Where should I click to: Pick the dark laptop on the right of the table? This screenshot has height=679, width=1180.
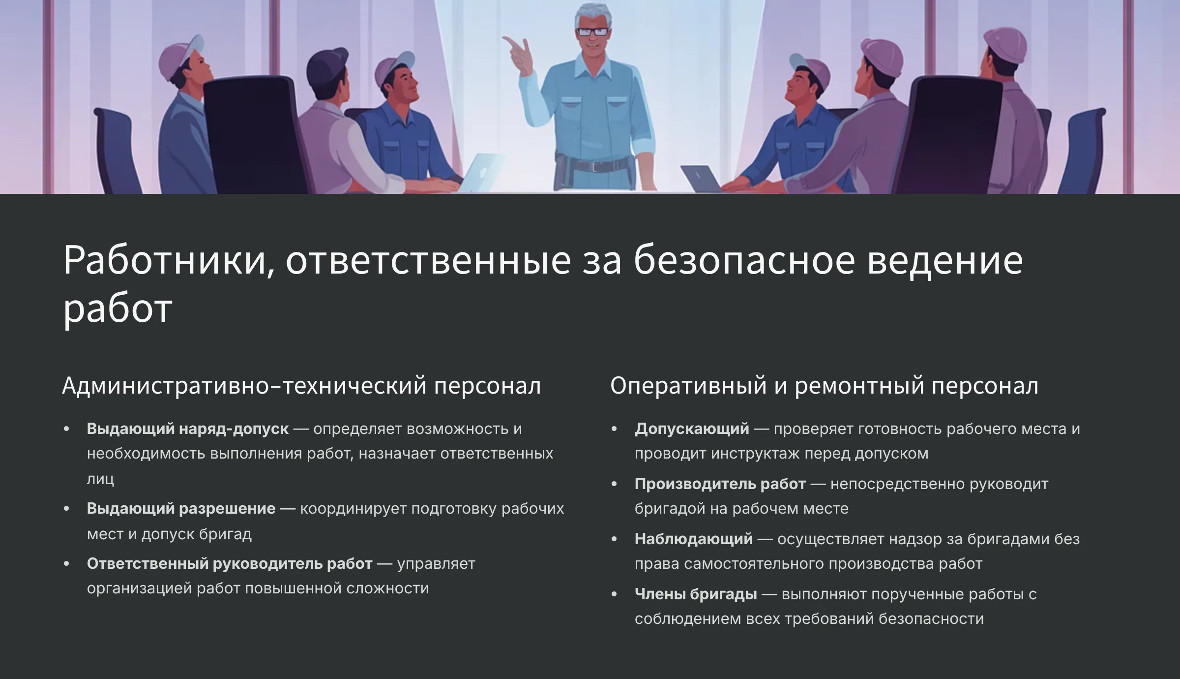tap(701, 179)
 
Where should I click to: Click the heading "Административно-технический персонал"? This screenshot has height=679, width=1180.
tap(301, 386)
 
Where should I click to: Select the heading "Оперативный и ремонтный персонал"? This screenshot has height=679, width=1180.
tap(825, 386)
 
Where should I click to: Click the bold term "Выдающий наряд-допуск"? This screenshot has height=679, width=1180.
tap(188, 429)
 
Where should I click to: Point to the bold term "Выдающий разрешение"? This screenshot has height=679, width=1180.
tap(181, 509)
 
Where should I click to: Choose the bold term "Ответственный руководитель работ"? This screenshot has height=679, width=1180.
tap(230, 564)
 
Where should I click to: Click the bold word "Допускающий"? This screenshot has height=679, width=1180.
tap(692, 429)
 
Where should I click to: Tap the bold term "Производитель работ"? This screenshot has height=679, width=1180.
tap(720, 484)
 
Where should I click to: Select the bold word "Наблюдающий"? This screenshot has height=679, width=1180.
tap(694, 539)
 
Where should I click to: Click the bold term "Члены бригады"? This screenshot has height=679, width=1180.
tap(696, 594)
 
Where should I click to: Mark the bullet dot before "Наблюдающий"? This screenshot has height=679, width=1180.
tap(614, 539)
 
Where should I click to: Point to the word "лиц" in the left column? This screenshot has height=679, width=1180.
tap(100, 479)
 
